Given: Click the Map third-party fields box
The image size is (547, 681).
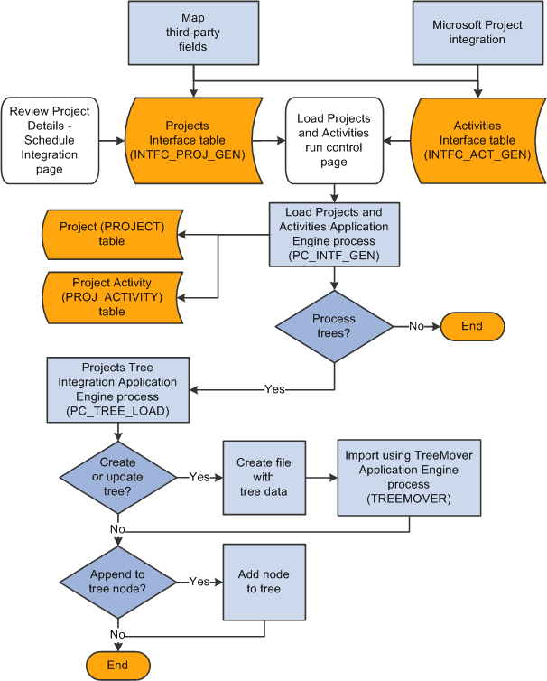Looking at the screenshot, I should pos(193,33).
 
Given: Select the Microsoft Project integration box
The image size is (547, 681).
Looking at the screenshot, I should pos(477,33).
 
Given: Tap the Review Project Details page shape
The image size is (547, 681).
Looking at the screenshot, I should pos(50,140).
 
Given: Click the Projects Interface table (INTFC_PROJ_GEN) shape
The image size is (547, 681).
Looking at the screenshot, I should pos(188,140).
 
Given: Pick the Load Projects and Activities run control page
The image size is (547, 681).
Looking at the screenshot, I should pos(333,140).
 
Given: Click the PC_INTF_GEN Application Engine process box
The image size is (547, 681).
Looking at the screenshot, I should pos(333,234).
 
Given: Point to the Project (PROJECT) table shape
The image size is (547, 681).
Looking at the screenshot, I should pos(112,233).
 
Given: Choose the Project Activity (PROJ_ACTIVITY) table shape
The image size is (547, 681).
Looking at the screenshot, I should pos(112,296).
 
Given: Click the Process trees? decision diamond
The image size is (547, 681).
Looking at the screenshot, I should pos(333,326).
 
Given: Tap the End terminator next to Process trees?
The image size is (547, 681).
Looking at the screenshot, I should pos(471,326).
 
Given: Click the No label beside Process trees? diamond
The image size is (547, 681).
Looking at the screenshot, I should pos(416,326).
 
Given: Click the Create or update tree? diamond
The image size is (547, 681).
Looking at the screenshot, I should pos(117,476).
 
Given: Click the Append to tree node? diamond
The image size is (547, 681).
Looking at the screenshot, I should pos(117,582).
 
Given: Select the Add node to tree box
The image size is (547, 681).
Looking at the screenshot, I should pos(264,582).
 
